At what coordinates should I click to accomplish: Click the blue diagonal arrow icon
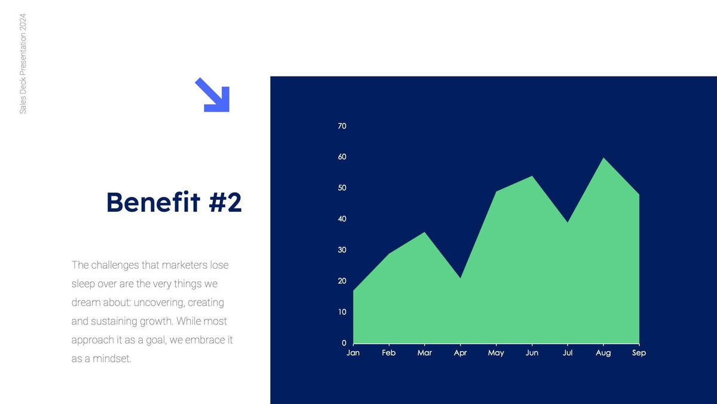click(212, 95)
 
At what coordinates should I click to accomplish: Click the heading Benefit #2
click(174, 202)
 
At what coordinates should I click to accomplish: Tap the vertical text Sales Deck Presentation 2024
click(23, 63)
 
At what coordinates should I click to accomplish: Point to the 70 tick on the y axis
click(342, 126)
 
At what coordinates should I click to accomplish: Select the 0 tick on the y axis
click(344, 343)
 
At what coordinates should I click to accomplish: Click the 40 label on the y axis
click(342, 219)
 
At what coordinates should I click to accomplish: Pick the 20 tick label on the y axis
click(342, 281)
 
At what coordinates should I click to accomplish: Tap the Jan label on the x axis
click(353, 353)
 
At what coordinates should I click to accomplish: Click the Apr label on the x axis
click(460, 353)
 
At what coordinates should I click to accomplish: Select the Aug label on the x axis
click(603, 353)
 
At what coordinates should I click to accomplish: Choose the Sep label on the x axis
click(639, 353)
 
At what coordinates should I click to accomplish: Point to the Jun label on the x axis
click(532, 353)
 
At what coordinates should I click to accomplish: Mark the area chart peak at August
click(603, 159)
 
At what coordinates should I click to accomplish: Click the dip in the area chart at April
click(460, 279)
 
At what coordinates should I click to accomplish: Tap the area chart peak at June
click(532, 177)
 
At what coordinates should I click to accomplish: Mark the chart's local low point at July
click(568, 223)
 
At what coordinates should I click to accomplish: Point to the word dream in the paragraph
click(85, 303)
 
